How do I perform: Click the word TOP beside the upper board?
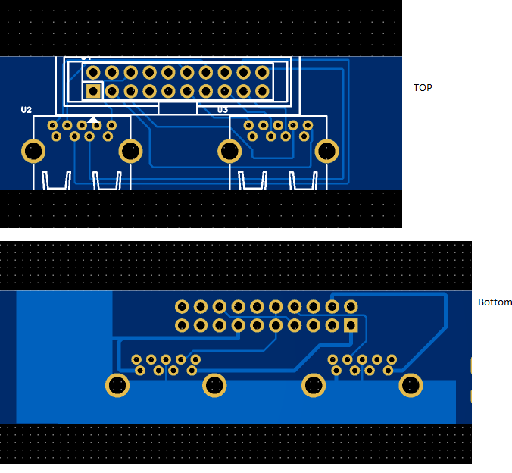pos(423,88)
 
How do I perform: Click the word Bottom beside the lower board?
pos(495,302)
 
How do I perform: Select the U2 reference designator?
pos(27,110)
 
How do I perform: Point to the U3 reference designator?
pos(223,110)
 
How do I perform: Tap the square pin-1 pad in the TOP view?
pos(93,91)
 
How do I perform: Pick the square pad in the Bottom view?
pos(351,325)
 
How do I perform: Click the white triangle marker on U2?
pos(93,119)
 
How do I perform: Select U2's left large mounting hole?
pos(33,151)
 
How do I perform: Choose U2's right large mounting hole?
pos(131,151)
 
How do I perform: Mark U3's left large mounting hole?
pos(229,151)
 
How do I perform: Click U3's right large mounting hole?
pos(327,151)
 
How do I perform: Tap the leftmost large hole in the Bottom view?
pos(117,385)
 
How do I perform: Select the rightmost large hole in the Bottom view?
pos(411,385)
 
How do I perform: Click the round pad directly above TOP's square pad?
pos(93,73)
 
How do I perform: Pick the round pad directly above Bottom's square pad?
pos(351,306)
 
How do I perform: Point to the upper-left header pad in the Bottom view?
pos(182,306)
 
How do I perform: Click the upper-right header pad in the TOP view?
pos(262,73)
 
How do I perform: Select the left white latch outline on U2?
pos(56,181)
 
